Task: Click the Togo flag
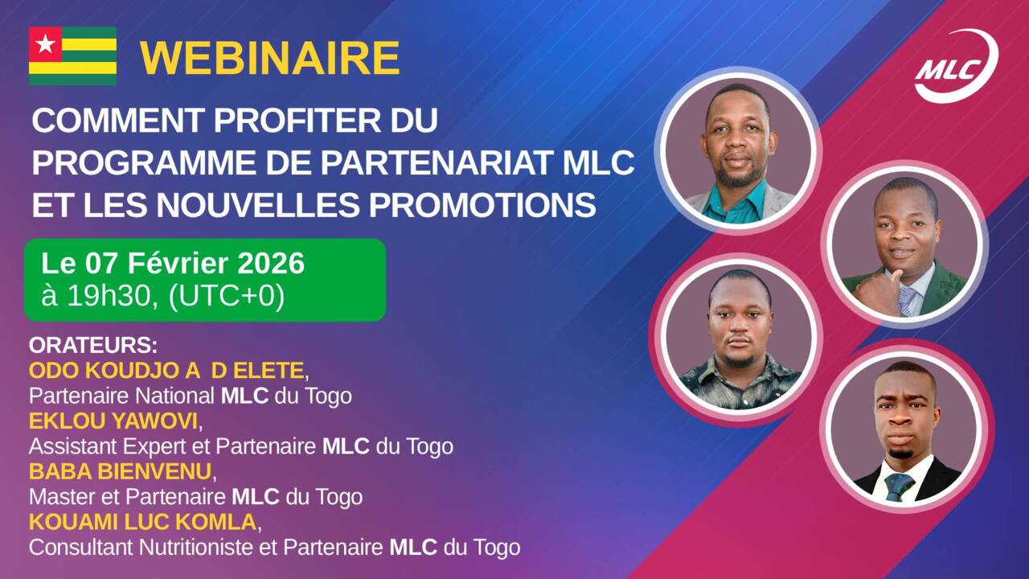point(72,56)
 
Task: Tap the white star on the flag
point(45,43)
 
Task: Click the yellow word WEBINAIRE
point(270,57)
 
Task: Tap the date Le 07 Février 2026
point(173,264)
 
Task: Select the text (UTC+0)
point(226,297)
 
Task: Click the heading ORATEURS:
point(92,346)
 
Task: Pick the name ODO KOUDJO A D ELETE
point(166,371)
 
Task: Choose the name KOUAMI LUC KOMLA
point(143,521)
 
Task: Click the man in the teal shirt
point(736,153)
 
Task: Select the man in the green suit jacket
point(905,249)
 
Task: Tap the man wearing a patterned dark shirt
point(740,338)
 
